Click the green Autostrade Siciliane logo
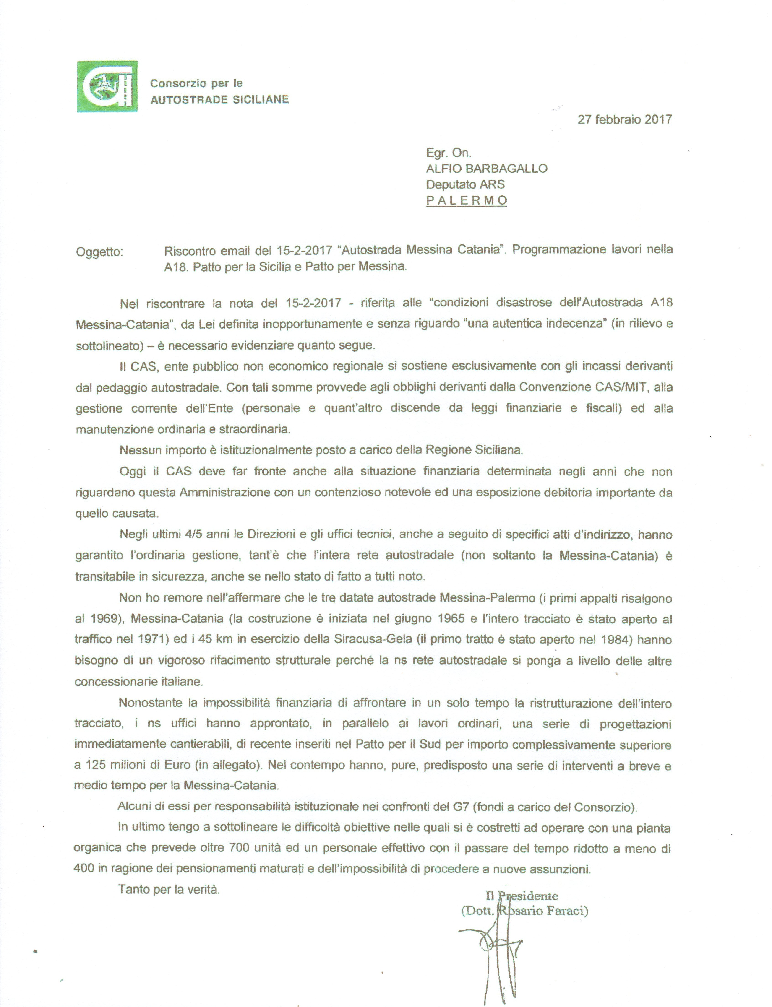click(107, 86)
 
